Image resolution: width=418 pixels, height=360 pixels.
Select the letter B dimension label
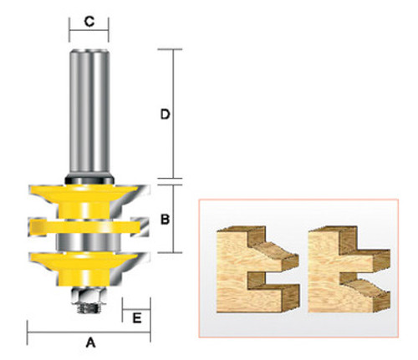pos(166,221)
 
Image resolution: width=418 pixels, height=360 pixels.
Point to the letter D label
pos(166,114)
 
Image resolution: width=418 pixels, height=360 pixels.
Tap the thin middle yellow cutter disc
pos(88,226)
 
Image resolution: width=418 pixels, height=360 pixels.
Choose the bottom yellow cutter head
pos(88,263)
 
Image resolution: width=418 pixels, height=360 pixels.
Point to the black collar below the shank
pos(89,177)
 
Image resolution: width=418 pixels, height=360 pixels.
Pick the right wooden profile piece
pos(344,266)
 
